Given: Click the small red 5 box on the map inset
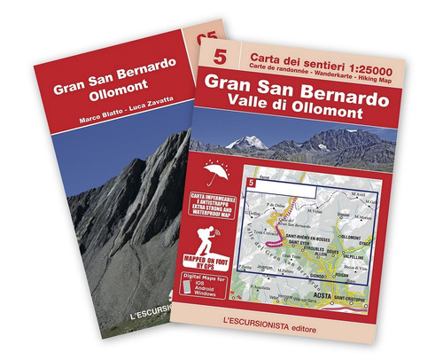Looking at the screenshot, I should [x=253, y=183].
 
